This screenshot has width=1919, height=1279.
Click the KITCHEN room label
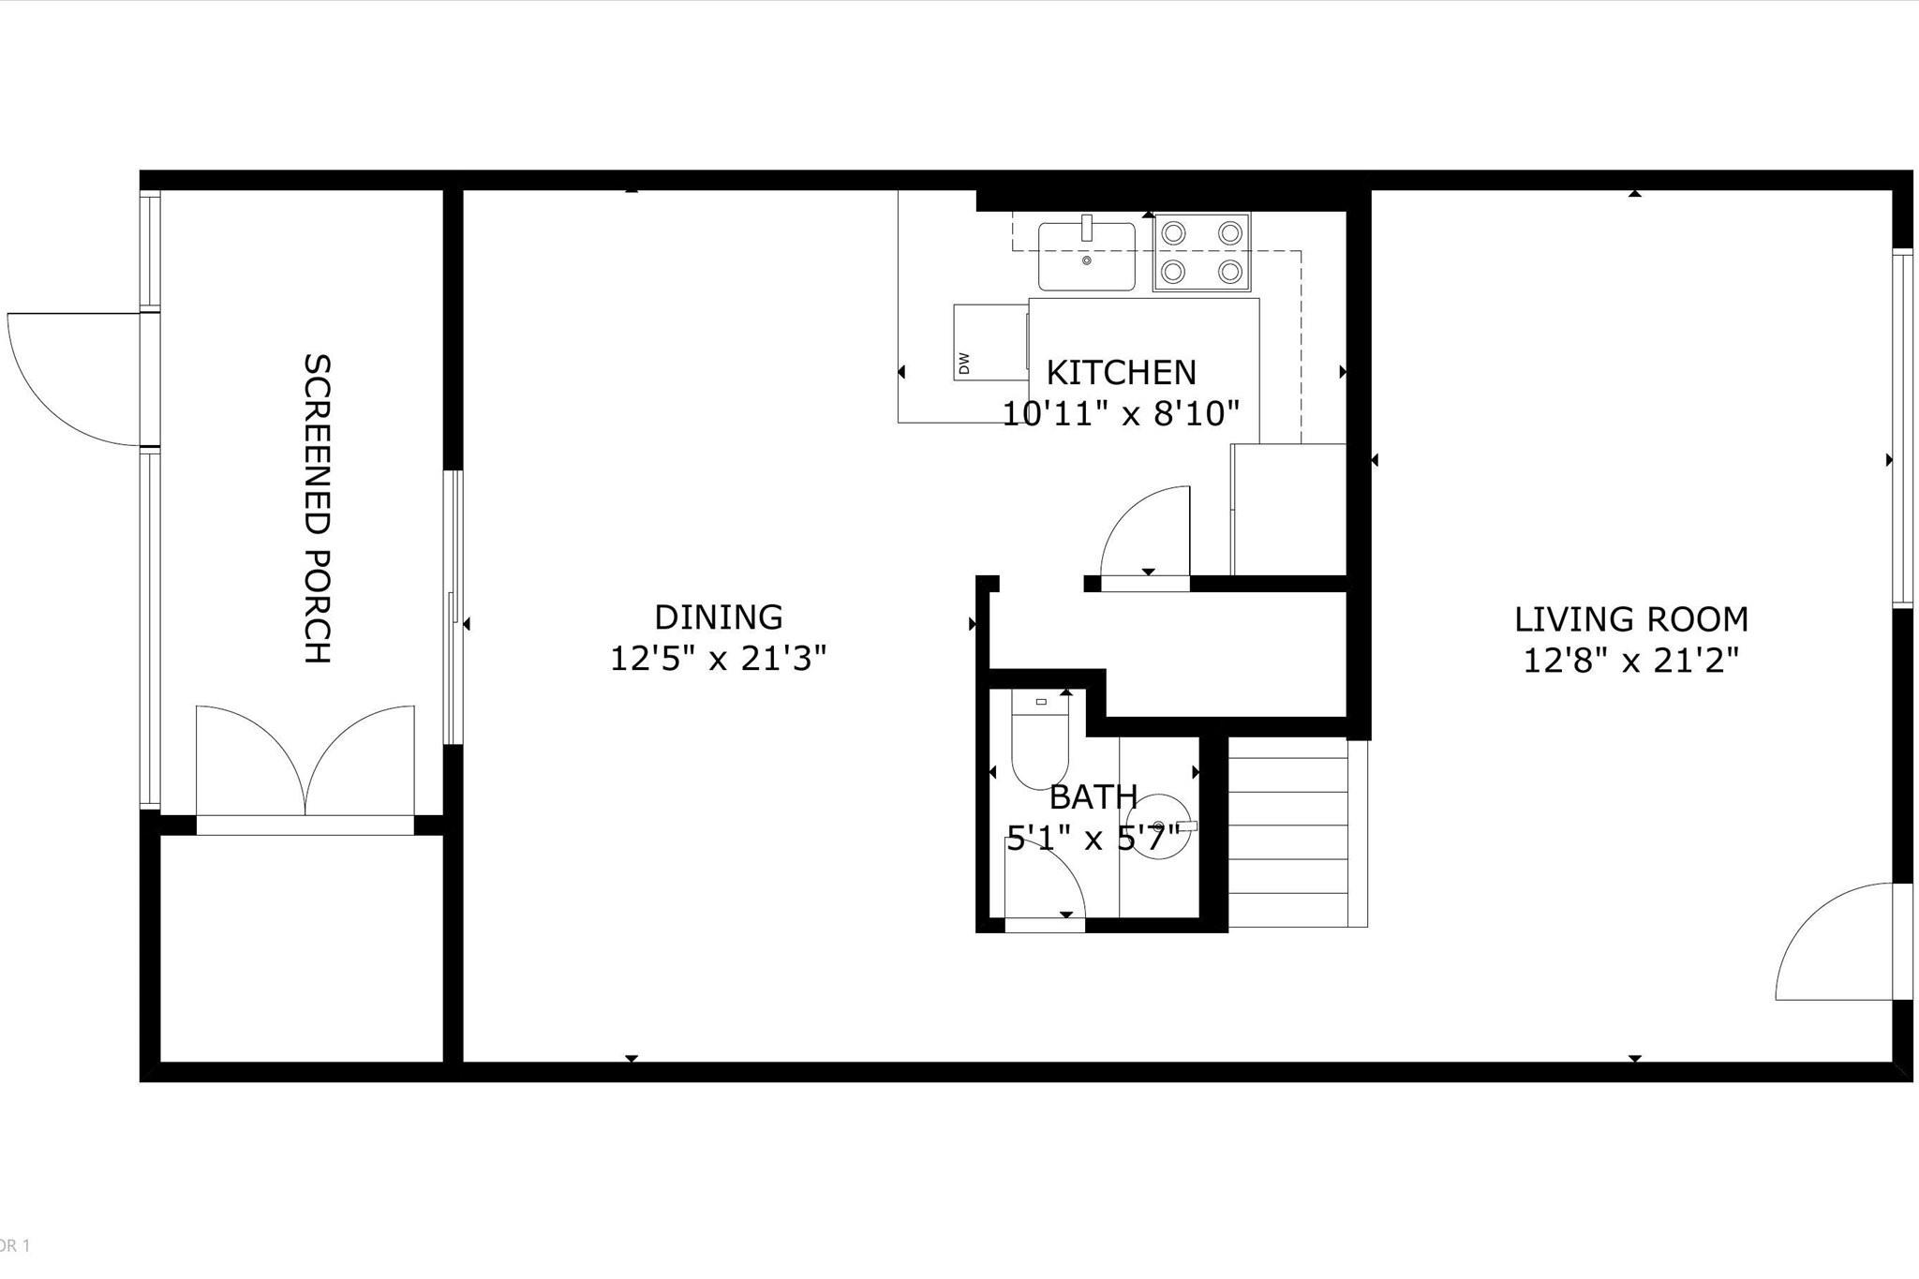click(1121, 373)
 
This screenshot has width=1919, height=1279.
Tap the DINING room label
click(718, 617)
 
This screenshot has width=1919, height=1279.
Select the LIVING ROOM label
click(1631, 619)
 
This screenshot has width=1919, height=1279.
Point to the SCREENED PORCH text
click(318, 509)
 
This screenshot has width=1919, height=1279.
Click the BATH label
click(1093, 797)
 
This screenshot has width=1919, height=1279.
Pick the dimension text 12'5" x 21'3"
click(718, 659)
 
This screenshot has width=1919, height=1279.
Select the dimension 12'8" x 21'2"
click(1630, 661)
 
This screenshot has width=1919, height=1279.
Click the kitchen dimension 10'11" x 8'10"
click(1121, 413)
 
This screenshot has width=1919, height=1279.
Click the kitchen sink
click(1087, 255)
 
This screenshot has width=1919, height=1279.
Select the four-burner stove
click(1202, 253)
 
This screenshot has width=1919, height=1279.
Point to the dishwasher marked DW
click(990, 342)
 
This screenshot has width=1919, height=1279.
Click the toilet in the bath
click(1040, 740)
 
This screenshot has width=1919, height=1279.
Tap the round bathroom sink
click(1160, 826)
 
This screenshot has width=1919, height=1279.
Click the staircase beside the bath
click(1298, 832)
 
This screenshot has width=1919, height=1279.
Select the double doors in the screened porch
click(305, 764)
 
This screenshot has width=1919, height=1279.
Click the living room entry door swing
click(1835, 941)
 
